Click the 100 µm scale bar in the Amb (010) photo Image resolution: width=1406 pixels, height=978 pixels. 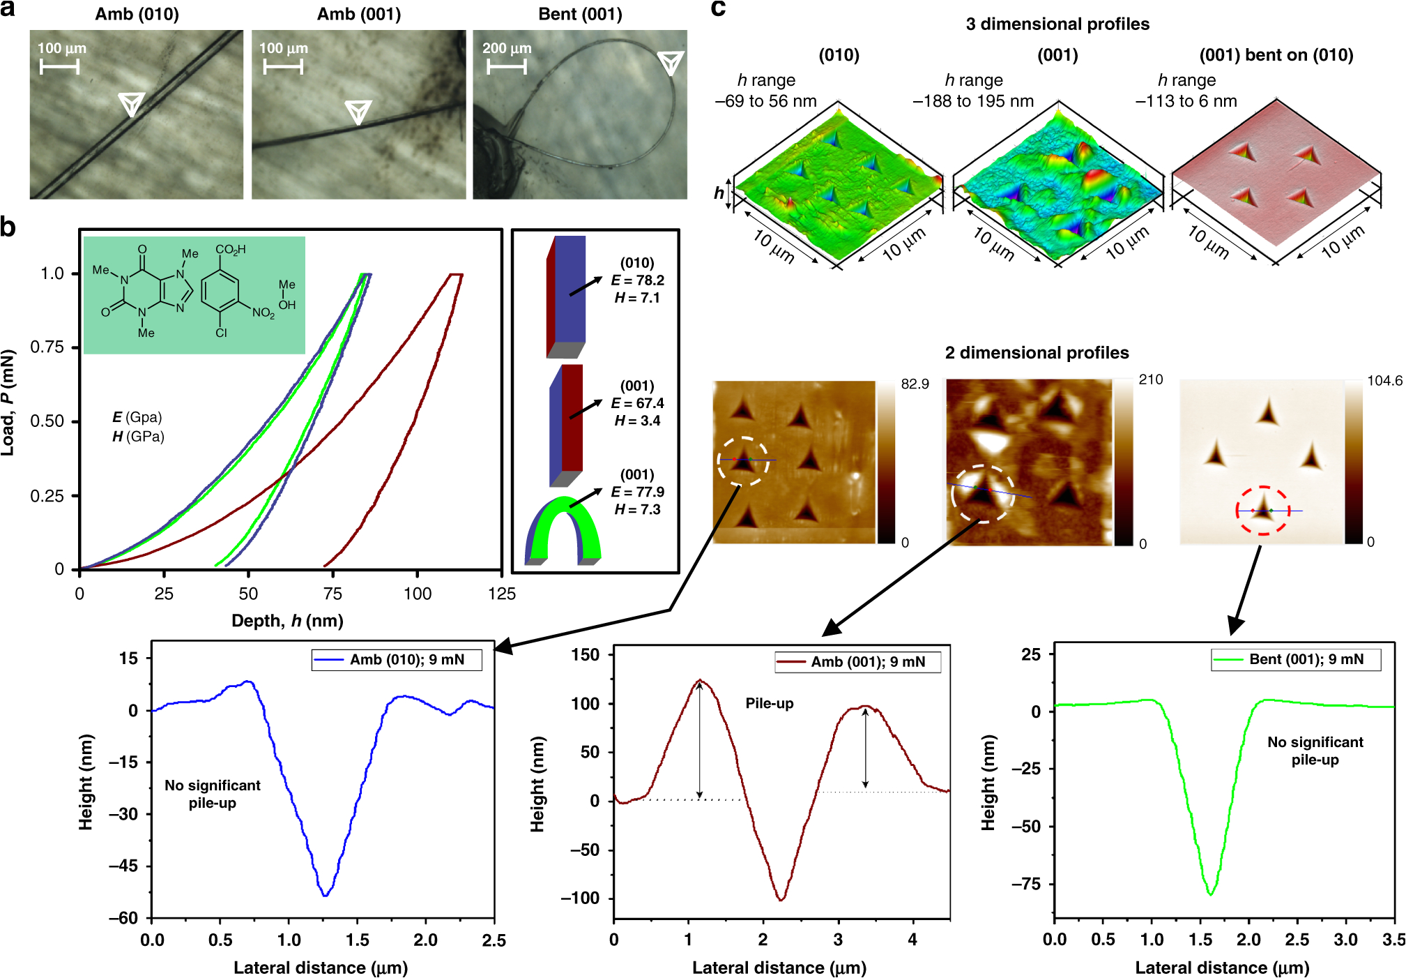tap(59, 67)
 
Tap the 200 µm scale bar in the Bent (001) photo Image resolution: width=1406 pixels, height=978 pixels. tap(507, 67)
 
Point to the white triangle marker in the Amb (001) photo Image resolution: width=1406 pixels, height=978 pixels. tap(358, 111)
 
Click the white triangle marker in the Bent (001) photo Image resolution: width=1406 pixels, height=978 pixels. tap(671, 62)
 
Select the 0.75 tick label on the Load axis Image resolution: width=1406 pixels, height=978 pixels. tap(47, 347)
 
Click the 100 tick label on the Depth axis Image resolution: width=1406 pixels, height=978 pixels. tap(417, 594)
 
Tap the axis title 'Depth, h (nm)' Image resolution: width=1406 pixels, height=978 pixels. tap(287, 621)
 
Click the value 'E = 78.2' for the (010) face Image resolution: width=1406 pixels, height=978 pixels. tap(637, 280)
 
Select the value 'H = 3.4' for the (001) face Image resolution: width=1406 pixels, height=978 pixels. tap(637, 421)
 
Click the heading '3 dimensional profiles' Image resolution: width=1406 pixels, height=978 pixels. tap(1057, 24)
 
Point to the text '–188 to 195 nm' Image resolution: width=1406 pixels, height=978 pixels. tap(973, 101)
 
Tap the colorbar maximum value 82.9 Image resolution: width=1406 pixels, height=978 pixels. tap(915, 384)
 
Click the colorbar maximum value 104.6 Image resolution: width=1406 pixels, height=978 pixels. tap(1384, 381)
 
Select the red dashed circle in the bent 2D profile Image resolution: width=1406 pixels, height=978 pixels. tap(1262, 511)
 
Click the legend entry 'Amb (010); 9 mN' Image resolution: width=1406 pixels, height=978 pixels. tap(397, 660)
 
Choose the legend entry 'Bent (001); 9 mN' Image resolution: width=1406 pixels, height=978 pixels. tap(1296, 659)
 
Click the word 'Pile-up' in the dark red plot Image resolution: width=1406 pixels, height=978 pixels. tap(770, 703)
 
